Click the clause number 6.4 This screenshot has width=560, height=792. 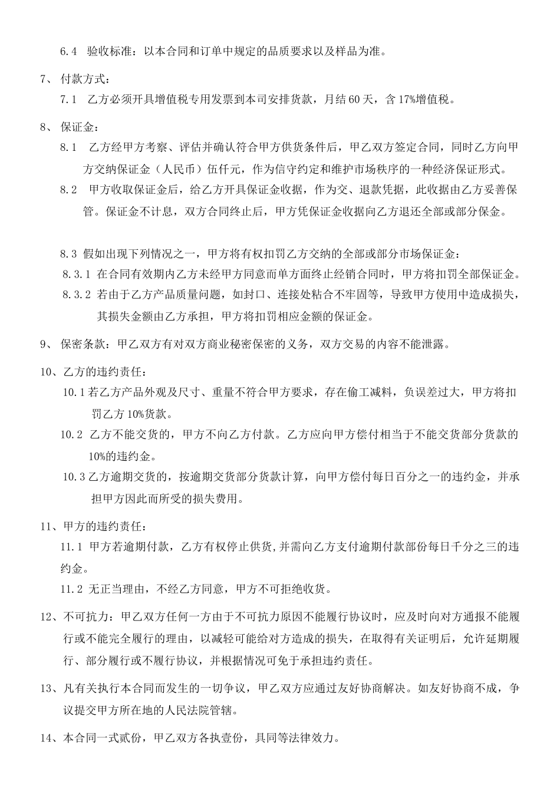point(69,51)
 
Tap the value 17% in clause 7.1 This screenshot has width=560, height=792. point(409,100)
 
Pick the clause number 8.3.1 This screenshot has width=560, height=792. point(77,275)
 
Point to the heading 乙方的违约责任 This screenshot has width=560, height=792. point(102,372)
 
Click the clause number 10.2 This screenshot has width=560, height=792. point(71,435)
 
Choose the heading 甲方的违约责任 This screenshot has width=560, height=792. point(102,526)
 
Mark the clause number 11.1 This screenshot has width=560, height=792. point(71,547)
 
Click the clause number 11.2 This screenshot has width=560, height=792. point(71,589)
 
